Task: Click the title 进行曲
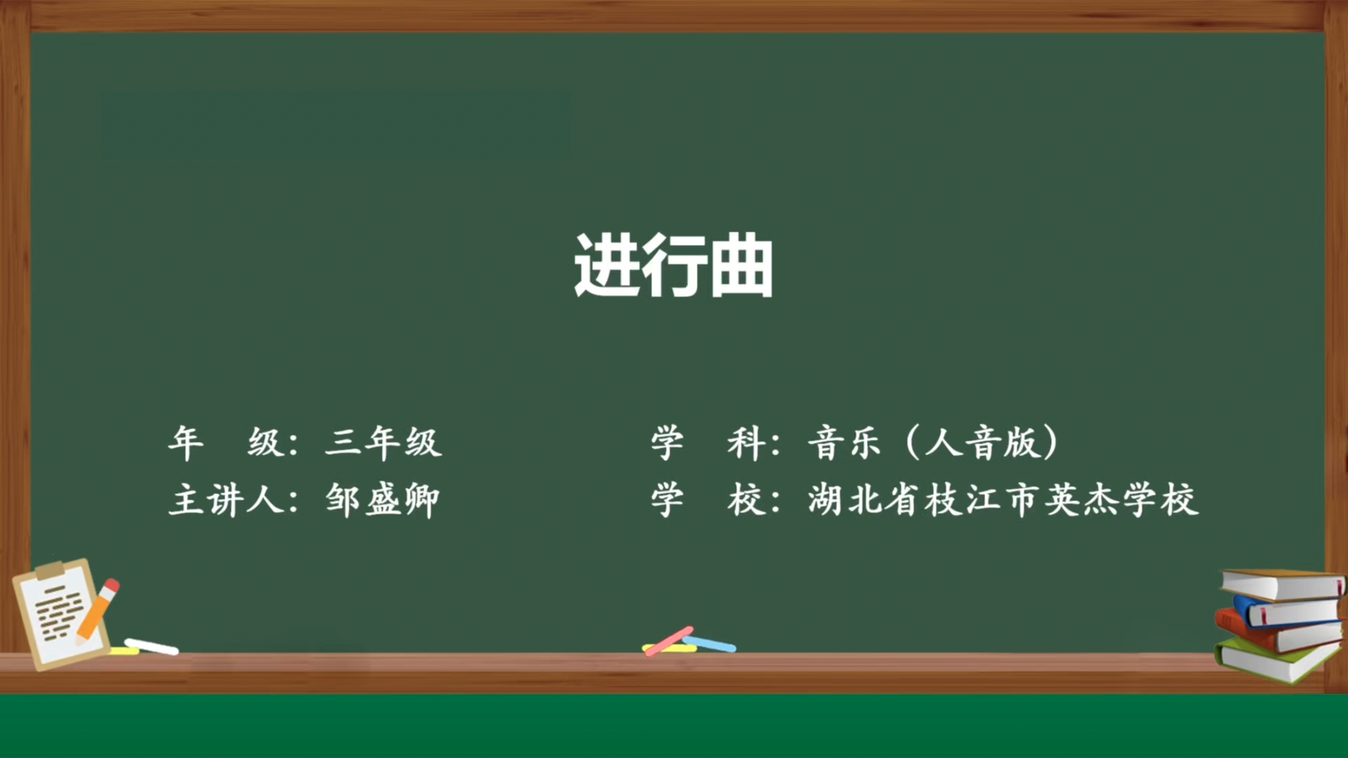tap(673, 266)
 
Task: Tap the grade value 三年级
tap(384, 443)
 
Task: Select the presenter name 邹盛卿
tap(383, 500)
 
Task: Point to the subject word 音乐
tap(844, 443)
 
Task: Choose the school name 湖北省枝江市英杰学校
tap(1002, 500)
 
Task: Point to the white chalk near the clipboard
tap(151, 647)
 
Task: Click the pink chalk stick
tap(668, 641)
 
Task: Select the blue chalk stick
tap(710, 644)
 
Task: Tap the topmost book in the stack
tap(1282, 585)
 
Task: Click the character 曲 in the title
tap(742, 266)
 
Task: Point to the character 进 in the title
tap(606, 266)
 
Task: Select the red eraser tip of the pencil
tap(112, 585)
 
